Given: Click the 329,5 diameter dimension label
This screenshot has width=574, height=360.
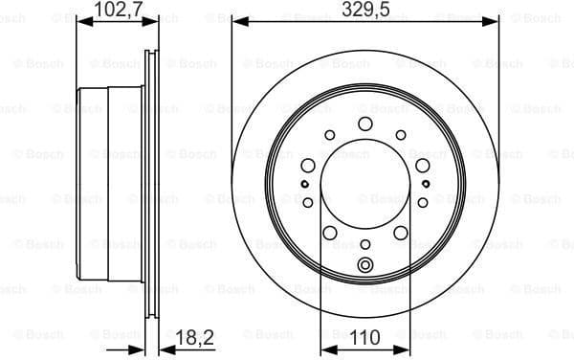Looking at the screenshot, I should click(x=364, y=11).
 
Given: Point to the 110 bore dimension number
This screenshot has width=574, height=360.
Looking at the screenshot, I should click(x=364, y=337).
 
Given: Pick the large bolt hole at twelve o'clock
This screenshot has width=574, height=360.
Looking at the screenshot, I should click(x=364, y=124).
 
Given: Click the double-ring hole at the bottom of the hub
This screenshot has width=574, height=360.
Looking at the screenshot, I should click(x=364, y=266).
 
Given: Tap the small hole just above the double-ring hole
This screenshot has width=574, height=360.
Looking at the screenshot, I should click(x=364, y=245).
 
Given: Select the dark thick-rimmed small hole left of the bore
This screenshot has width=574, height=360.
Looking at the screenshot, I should click(x=304, y=184).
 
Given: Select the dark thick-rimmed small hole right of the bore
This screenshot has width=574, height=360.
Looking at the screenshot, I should click(x=425, y=184).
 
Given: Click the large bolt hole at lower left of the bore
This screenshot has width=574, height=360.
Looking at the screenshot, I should click(x=328, y=233).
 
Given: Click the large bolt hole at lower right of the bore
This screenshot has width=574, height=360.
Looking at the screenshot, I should click(x=401, y=233).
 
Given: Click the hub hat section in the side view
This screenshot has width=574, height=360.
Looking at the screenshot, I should click(x=94, y=182).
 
